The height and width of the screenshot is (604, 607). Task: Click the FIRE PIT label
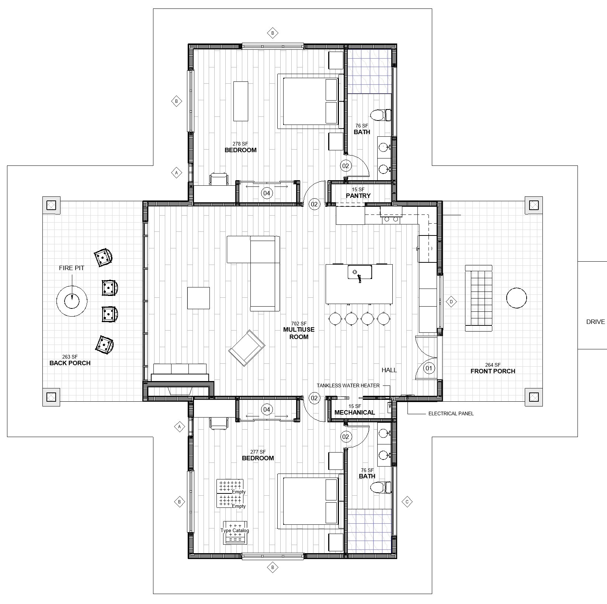pyautogui.click(x=72, y=268)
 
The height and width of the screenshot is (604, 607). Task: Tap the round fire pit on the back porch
pyautogui.click(x=72, y=301)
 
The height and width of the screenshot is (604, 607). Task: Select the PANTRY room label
pyautogui.click(x=358, y=196)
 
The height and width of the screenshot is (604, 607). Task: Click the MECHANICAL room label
pyautogui.click(x=355, y=412)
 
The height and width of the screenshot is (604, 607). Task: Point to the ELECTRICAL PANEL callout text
pyautogui.click(x=451, y=413)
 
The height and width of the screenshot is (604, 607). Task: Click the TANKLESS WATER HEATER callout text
pyautogui.click(x=348, y=385)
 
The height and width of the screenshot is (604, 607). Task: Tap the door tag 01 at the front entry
pyautogui.click(x=429, y=368)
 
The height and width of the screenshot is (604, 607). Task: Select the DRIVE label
pyautogui.click(x=596, y=322)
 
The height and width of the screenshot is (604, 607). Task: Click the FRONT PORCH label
pyautogui.click(x=493, y=371)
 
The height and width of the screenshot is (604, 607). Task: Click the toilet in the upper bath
pyautogui.click(x=381, y=115)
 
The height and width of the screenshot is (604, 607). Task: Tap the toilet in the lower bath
pyautogui.click(x=381, y=487)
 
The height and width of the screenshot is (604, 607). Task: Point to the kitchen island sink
pyautogui.click(x=359, y=272)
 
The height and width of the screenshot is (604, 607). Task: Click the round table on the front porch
pyautogui.click(x=516, y=298)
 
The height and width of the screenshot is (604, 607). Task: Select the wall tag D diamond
pyautogui.click(x=451, y=302)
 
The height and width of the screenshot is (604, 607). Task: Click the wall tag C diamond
pyautogui.click(x=407, y=502)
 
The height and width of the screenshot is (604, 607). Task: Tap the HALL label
pyautogui.click(x=389, y=370)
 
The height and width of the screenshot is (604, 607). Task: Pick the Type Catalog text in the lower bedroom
pyautogui.click(x=235, y=531)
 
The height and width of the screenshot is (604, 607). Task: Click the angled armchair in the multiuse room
pyautogui.click(x=247, y=348)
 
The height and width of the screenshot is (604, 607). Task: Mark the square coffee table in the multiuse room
pyautogui.click(x=198, y=298)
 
